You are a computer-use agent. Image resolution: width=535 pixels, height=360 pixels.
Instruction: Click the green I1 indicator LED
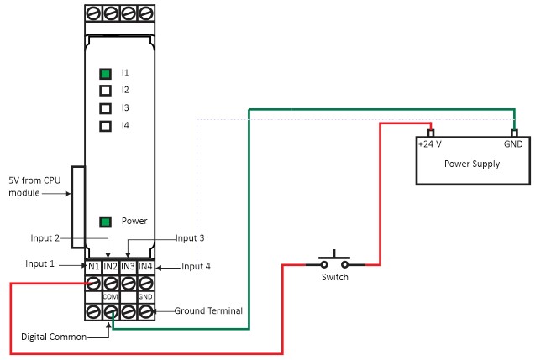click(106, 74)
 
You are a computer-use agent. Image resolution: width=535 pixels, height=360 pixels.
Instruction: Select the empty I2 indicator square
click(106, 91)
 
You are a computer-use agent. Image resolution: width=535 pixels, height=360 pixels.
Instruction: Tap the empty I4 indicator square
click(106, 126)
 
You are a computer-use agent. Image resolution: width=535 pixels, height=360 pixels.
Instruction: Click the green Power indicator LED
click(106, 222)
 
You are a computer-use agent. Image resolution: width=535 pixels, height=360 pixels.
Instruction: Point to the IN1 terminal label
click(92, 266)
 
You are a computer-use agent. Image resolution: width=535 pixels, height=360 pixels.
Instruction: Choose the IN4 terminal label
click(145, 266)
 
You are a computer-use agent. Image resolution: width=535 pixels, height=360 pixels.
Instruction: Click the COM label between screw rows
click(110, 297)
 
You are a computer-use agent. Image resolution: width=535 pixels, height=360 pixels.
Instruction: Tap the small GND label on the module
click(145, 297)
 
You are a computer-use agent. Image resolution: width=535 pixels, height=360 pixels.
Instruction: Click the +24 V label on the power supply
click(430, 144)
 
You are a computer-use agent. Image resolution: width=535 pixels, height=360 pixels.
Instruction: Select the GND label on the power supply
click(513, 144)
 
